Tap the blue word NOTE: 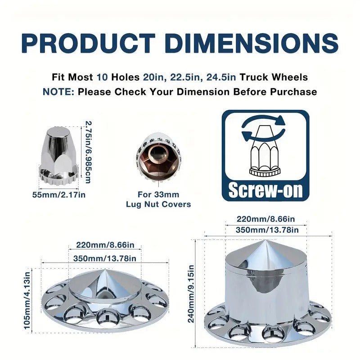pos(58,92)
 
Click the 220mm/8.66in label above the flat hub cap pos(105,246)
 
